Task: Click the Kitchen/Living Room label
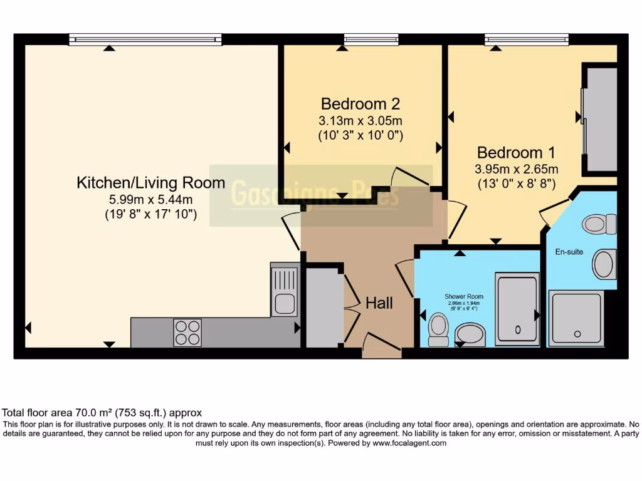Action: click(x=150, y=183)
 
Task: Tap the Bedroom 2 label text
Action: click(x=360, y=103)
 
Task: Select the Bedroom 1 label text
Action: click(x=517, y=152)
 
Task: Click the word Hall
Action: click(x=379, y=303)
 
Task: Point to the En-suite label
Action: click(x=569, y=252)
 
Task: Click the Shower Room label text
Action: click(x=464, y=296)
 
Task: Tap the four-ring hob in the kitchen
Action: click(x=187, y=332)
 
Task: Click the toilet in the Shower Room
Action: click(x=438, y=329)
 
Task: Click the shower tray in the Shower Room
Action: click(x=517, y=308)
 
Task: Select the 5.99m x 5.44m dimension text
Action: click(x=150, y=200)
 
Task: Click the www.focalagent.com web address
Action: click(x=409, y=443)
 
